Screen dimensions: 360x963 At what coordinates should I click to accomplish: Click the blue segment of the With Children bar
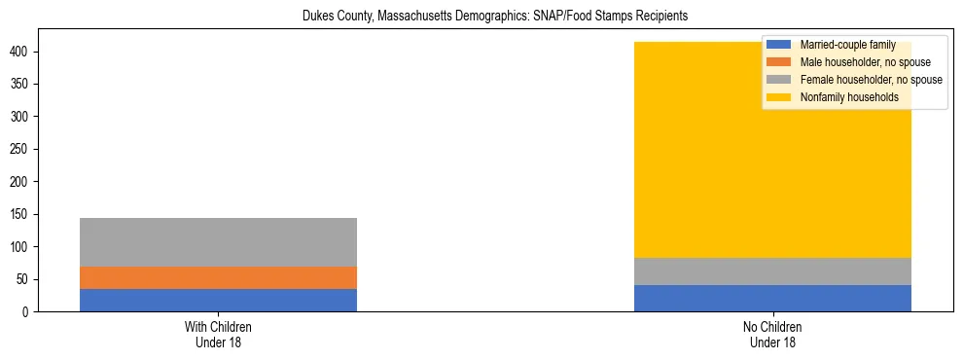[218, 300]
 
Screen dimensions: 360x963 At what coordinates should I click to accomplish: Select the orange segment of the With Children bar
[218, 277]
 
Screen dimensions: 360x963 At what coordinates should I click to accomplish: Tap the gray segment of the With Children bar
[218, 241]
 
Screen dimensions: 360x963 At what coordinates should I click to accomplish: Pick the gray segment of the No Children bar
[772, 271]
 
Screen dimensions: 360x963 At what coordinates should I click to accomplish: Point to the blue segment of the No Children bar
[772, 298]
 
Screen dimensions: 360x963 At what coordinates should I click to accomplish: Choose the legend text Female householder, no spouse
[871, 80]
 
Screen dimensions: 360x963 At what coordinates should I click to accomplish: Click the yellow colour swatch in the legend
[779, 97]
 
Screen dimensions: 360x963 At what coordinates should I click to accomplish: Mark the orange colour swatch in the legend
[779, 62]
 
